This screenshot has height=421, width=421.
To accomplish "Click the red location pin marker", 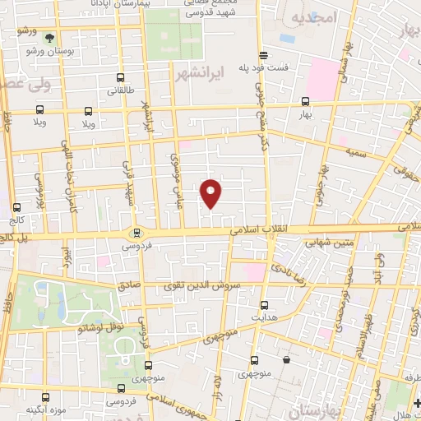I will [x=211, y=192].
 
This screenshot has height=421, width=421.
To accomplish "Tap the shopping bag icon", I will [x=285, y=359].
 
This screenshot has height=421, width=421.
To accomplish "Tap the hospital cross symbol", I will [x=418, y=403].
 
